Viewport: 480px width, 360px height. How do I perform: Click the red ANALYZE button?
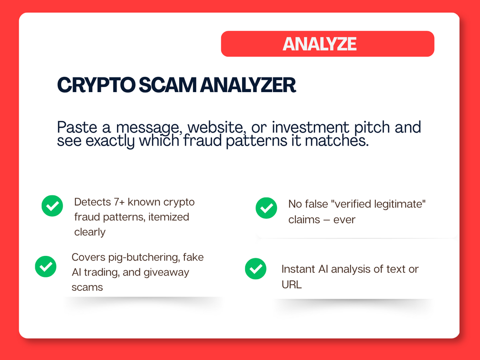[328, 44]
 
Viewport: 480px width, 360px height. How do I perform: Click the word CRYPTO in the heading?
[96, 85]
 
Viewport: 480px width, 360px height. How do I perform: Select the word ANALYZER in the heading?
[248, 85]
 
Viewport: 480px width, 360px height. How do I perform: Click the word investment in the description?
[310, 127]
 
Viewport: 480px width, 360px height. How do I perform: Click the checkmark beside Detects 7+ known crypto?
[53, 206]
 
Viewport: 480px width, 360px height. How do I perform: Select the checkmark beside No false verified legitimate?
[267, 208]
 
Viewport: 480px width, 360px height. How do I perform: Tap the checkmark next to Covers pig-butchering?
[46, 266]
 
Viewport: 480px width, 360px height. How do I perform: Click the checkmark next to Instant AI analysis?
[256, 269]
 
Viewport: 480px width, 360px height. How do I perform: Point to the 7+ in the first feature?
[119, 202]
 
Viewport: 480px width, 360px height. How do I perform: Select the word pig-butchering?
[144, 257]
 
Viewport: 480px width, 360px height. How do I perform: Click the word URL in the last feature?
[291, 285]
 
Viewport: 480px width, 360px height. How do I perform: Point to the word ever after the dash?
[344, 220]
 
